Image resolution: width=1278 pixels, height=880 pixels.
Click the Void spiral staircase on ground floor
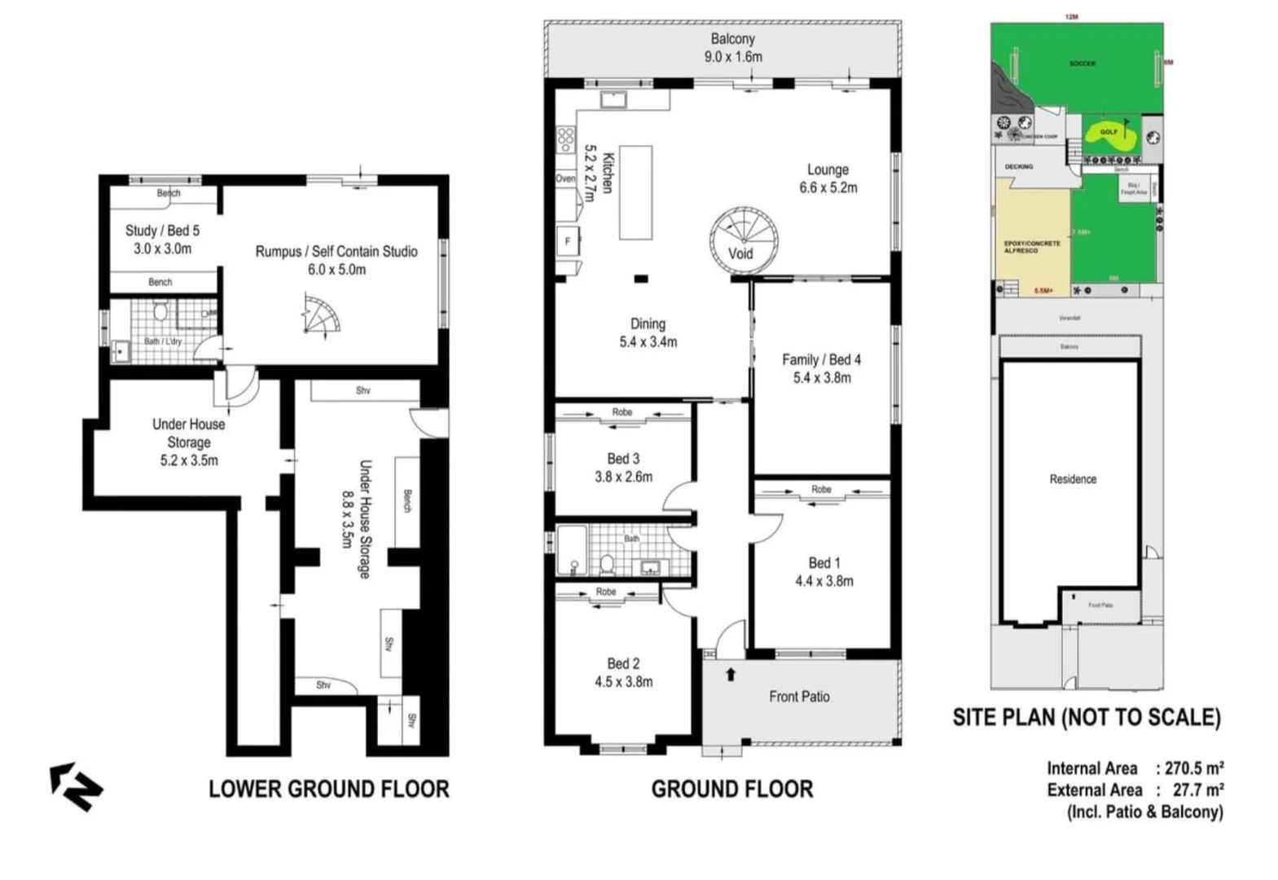(x=743, y=240)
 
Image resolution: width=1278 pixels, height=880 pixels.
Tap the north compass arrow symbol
(x=76, y=786)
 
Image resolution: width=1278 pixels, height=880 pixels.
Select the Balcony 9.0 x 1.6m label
(x=732, y=48)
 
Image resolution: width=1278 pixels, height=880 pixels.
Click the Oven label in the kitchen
(x=565, y=178)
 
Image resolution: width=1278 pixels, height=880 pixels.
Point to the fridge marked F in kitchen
(x=568, y=241)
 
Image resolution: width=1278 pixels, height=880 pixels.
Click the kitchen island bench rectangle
(x=635, y=192)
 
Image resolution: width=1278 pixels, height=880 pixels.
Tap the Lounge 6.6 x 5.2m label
(x=828, y=178)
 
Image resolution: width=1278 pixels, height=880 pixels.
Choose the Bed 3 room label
(x=623, y=468)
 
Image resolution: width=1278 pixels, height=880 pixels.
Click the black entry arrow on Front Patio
(x=731, y=674)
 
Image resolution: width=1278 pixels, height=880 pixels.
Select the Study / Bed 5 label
(x=162, y=240)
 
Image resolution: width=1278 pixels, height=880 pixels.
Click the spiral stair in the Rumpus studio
(x=320, y=316)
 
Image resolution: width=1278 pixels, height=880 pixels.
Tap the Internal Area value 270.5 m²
(x=1194, y=768)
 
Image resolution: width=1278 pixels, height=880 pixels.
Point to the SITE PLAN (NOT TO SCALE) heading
(x=1087, y=717)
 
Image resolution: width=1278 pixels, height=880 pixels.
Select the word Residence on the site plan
(x=1072, y=479)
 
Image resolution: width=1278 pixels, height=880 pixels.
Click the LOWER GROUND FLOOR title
(x=328, y=789)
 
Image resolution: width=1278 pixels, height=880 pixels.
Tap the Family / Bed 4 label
(x=821, y=368)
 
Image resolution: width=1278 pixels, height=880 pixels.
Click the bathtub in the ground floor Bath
(x=571, y=549)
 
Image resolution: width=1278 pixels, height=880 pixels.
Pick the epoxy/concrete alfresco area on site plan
(x=1032, y=244)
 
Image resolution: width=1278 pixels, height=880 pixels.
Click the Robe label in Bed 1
(x=821, y=489)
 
